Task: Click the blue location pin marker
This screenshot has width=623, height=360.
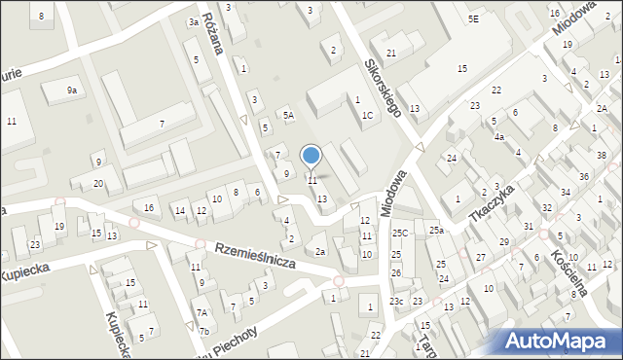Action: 311,156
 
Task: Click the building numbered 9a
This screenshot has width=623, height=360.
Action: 71,90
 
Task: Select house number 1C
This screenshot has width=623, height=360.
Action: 367,116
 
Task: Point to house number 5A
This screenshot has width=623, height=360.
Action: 288,115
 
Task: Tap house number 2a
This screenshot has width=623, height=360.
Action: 320,251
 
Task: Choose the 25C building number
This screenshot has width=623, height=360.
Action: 400,234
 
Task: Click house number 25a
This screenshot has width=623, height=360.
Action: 436,231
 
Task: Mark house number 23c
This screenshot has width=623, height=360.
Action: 396,302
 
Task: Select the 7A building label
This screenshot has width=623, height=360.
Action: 202,312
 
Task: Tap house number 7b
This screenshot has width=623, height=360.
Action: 204,331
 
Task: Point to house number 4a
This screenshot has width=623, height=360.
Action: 498,137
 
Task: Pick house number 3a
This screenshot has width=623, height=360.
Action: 194,22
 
